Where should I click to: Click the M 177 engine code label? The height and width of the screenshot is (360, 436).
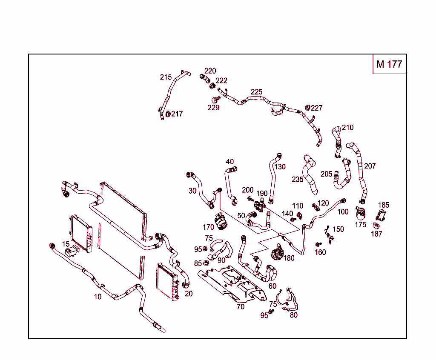point(389,64)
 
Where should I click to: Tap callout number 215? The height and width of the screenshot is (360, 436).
point(166,77)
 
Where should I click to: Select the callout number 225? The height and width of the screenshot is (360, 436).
point(256,92)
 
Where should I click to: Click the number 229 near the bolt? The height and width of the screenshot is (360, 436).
point(213,108)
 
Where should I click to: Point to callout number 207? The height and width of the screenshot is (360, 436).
point(370,166)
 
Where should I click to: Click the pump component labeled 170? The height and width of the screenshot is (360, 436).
point(221,221)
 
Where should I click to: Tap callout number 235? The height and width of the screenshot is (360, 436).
point(298,179)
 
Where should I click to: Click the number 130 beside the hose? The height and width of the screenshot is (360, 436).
point(280,166)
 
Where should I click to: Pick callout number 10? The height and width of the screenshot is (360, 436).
point(98,297)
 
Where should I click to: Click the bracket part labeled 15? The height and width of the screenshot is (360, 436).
point(71,251)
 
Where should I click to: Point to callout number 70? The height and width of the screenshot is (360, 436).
point(241,306)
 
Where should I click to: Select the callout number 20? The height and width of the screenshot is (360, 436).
point(189,294)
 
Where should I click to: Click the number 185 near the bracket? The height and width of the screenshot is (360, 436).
point(384,205)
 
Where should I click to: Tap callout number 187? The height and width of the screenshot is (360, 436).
point(377,234)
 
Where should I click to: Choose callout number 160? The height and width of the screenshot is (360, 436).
point(320,252)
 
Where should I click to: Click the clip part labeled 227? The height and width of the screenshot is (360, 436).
point(308,107)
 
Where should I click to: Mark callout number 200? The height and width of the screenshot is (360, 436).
point(247,190)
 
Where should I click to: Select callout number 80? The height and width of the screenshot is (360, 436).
point(294,315)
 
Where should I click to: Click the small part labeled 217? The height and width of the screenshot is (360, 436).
point(168,114)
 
